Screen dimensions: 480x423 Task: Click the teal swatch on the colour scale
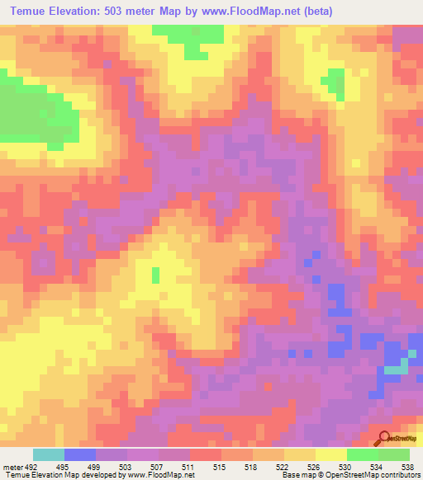click(48, 454)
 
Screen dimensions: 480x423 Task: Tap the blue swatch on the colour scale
click(79, 454)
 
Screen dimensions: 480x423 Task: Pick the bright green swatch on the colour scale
click(362, 454)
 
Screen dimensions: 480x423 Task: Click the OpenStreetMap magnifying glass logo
click(384, 440)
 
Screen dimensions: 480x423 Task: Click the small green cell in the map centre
click(155, 274)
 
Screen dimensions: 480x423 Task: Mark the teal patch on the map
click(398, 366)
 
